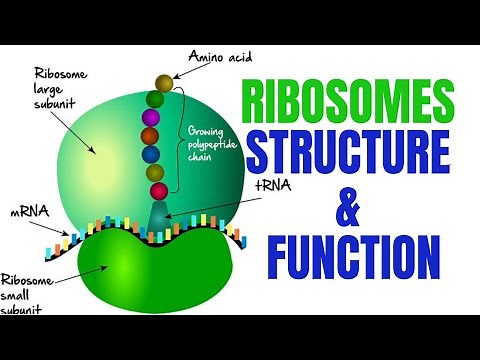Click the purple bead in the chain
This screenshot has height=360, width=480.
(x=152, y=118)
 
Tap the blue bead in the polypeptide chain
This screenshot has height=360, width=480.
(x=152, y=154)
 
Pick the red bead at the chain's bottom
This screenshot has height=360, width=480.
(x=157, y=190)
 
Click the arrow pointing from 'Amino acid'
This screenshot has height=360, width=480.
(x=179, y=70)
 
